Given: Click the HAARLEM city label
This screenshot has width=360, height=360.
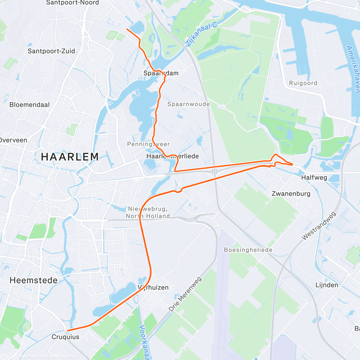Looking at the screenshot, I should tap(70, 157).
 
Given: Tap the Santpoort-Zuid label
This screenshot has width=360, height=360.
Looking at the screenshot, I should tap(51, 51).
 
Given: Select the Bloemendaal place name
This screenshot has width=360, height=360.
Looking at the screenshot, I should tap(29, 105).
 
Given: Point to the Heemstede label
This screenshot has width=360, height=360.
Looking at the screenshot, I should tap(34, 280).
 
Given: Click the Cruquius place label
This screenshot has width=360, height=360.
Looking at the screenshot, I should tap(65, 337).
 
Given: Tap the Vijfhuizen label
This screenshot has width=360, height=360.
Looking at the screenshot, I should tap(153, 287).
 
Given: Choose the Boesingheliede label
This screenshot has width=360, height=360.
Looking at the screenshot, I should tap(248, 250).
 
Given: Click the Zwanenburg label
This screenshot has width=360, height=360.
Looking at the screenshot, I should tap(291, 193).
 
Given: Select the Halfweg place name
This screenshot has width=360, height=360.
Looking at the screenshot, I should tap(314, 177).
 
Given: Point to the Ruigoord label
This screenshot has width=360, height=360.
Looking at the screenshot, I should tap(303, 83).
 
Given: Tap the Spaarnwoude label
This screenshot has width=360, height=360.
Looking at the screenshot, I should tap(188, 104).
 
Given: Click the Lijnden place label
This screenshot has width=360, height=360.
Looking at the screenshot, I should tap(327, 285).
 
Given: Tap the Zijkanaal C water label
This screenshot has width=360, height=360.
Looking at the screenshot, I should tap(201, 34).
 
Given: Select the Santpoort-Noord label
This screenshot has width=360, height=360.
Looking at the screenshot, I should tap(72, 3).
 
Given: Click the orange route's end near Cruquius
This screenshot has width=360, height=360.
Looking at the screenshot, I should tap(68, 331).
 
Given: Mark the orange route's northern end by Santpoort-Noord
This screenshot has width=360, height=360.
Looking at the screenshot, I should tap(127, 29).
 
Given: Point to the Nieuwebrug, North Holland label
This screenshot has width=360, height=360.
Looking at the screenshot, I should tap(148, 212).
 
